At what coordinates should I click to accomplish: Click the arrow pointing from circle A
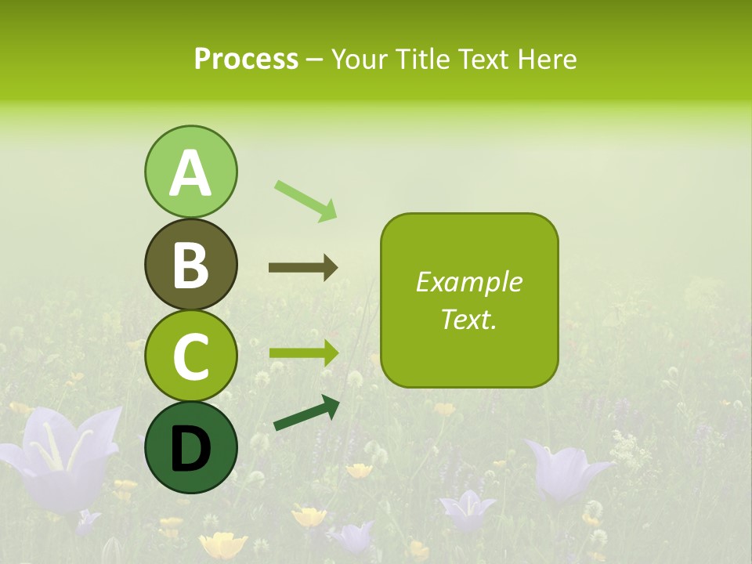pyautogui.click(x=305, y=201)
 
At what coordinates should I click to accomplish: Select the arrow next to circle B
pyautogui.click(x=303, y=268)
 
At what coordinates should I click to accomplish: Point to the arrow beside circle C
pyautogui.click(x=303, y=352)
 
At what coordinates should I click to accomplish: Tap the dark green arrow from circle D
pyautogui.click(x=306, y=413)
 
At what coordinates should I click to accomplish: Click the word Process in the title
pyautogui.click(x=246, y=60)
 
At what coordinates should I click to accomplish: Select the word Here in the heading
pyautogui.click(x=547, y=60)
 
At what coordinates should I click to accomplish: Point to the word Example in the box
pyautogui.click(x=468, y=282)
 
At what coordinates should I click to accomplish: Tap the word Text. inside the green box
pyautogui.click(x=468, y=319)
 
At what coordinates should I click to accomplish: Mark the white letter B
pyautogui.click(x=190, y=265)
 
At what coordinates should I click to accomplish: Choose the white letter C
pyautogui.click(x=190, y=356)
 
